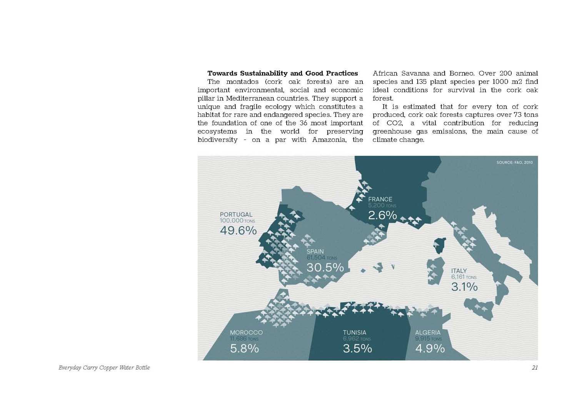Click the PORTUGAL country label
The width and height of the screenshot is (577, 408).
tap(236, 215)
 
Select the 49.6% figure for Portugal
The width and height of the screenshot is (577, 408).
tap(238, 230)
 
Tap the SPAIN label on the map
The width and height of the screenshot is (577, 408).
tap(315, 251)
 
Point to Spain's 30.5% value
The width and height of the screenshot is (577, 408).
tap(325, 267)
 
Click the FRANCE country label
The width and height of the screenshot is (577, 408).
tap(380, 199)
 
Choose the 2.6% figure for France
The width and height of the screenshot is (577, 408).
tap(382, 215)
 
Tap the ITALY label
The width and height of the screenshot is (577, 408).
tap(459, 271)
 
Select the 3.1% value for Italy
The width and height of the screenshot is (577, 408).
tap(464, 287)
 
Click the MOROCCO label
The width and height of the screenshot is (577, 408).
tap(246, 332)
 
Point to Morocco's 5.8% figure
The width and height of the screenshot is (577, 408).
tap(244, 348)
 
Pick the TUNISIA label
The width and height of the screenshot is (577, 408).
tap(354, 332)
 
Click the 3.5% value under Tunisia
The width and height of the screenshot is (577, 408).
tap(357, 348)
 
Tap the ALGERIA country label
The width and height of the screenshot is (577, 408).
tap(428, 332)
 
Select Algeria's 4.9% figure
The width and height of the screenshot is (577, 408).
tap(430, 348)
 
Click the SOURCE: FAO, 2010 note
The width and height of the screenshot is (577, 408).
tap(514, 163)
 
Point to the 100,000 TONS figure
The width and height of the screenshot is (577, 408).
tap(237, 221)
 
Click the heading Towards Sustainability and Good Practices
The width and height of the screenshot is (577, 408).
tap(282, 73)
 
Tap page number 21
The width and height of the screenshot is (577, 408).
tap(535, 368)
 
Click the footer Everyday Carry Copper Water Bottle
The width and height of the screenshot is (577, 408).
tap(104, 368)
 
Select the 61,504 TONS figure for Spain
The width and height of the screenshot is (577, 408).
tap(322, 258)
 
